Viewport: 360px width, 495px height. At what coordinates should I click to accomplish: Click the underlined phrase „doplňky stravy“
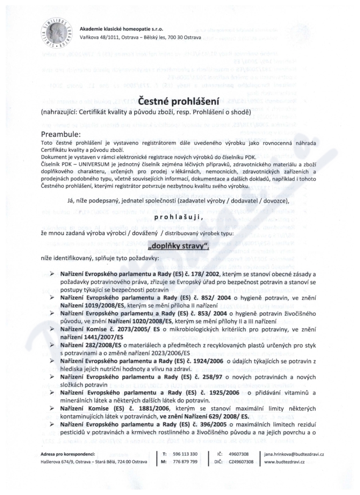180,247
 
